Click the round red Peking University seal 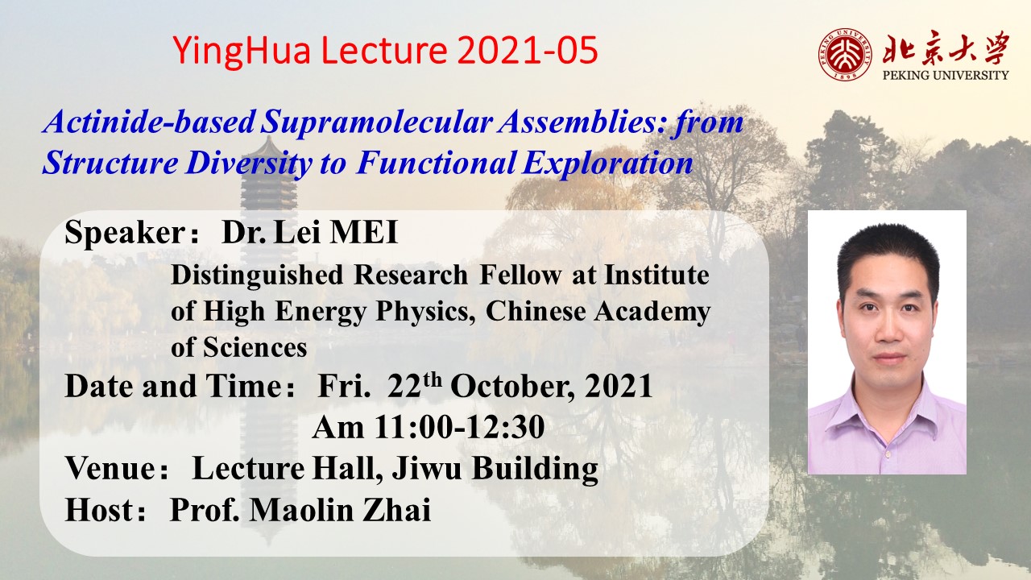pos(845,54)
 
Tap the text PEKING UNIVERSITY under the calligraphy pos(946,75)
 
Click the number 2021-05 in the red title pos(528,50)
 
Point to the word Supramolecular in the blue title pos(376,123)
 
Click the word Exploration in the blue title pos(607,163)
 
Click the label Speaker pos(125,233)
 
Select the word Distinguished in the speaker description pos(257,275)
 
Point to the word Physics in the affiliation pos(426,312)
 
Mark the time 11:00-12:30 pos(459,427)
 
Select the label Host pos(99,510)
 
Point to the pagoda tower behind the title pos(268,193)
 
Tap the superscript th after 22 pos(433,379)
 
